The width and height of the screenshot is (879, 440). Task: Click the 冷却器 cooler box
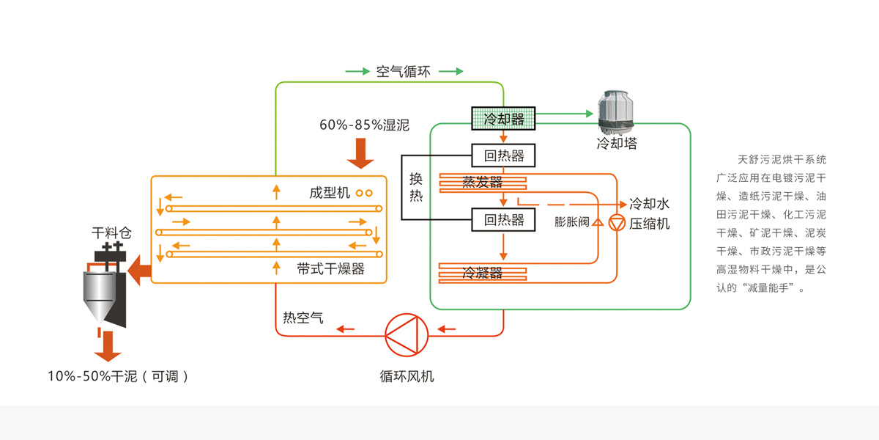tap(503, 117)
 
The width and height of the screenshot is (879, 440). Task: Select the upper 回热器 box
tap(503, 155)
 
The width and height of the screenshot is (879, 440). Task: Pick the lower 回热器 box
tap(503, 219)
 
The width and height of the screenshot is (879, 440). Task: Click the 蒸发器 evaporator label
tap(482, 183)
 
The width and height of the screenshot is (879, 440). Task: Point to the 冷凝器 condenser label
tap(482, 274)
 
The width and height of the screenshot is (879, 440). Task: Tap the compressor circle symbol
tap(617, 223)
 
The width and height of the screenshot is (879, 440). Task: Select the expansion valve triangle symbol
tap(596, 222)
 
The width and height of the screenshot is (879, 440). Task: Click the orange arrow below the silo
tap(108, 345)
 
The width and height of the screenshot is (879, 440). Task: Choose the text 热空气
tap(303, 317)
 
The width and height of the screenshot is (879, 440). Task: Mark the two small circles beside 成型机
tap(364, 194)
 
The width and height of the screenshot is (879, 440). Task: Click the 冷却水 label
tap(650, 205)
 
